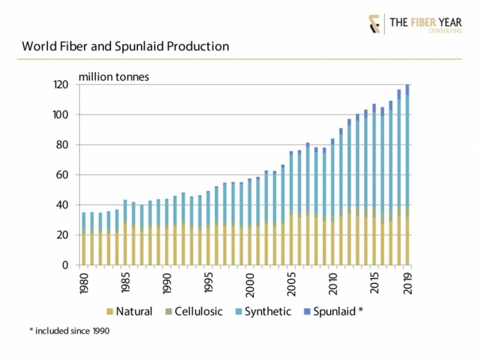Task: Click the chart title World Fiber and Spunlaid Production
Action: tap(125, 47)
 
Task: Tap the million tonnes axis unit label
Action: tap(114, 77)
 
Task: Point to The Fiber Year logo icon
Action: tap(374, 23)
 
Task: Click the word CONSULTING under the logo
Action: tap(447, 31)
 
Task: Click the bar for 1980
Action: tap(84, 238)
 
